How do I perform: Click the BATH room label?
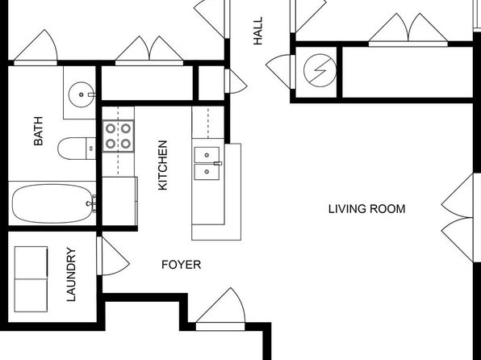39,131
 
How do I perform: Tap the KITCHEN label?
162,165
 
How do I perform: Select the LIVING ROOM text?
367,209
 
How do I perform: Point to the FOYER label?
182,265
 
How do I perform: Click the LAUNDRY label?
71,274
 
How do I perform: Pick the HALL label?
258,31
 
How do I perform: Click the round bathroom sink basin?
82,94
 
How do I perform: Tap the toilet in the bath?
77,149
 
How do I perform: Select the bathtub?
52,203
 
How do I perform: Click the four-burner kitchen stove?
118,136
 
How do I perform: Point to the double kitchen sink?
207,163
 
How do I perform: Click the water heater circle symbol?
320,70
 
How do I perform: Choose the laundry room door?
113,256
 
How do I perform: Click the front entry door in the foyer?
220,309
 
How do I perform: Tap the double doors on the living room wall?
461,218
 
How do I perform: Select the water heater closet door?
280,72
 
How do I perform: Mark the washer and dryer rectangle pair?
31,279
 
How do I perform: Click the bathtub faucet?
92,203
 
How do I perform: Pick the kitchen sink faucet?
218,163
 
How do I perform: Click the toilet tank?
91,149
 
